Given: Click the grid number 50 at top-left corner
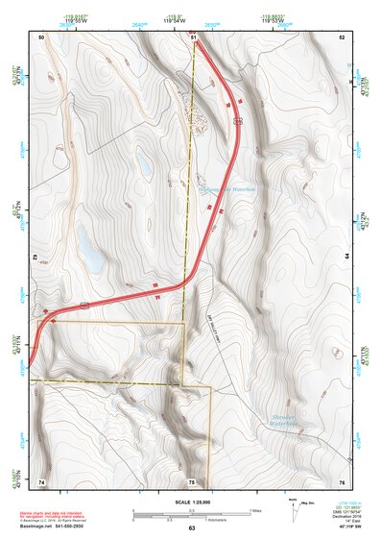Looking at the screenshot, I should coord(41,37).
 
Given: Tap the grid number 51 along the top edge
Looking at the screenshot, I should coord(193,37).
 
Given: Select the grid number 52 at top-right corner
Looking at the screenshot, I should coord(341,37).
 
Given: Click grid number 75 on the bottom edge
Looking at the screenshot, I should coord(192,481).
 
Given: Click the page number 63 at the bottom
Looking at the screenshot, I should coord(192,528).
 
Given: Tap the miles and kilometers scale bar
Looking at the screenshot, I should coord(191,512).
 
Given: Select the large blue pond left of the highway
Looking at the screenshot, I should coord(91,254).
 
